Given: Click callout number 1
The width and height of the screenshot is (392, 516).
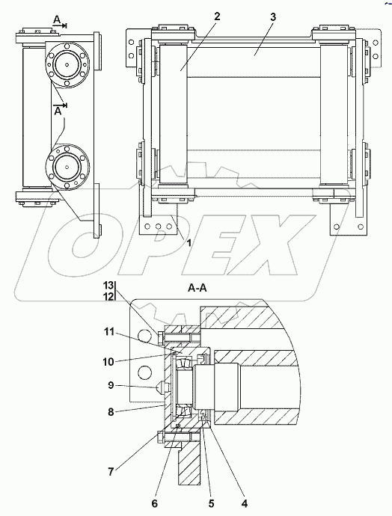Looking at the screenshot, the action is tap(189, 243).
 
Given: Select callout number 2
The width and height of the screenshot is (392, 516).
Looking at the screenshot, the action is tap(216, 16).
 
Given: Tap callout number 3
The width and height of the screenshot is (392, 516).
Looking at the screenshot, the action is tap(273, 16).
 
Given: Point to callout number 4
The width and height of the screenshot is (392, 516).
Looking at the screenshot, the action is tap(244, 503).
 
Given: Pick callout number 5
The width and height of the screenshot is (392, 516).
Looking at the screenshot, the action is tap(211, 503).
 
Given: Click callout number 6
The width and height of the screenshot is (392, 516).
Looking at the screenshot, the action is tap(154, 503).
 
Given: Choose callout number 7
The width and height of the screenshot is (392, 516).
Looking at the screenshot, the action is tap(111, 472).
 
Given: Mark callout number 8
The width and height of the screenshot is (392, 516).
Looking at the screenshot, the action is tap(111, 411).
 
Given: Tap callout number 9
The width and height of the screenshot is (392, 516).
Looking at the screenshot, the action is tap(111, 384).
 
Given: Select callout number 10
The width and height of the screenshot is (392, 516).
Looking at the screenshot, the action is tap(108, 362).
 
